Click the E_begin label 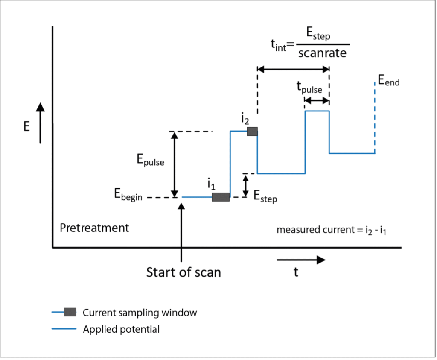[128, 195]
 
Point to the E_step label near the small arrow [265, 197]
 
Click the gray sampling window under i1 [221, 197]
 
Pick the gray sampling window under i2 [252, 132]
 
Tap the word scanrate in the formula [322, 53]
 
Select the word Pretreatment [94, 228]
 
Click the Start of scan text [184, 272]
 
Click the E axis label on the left [27, 127]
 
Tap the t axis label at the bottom [296, 272]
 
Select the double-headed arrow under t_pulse [317, 101]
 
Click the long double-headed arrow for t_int [293, 69]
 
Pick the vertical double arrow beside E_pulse [174, 164]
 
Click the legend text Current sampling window [140, 313]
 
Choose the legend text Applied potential [121, 329]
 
